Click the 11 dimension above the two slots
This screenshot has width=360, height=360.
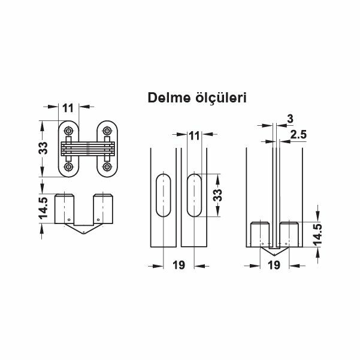coord(193,136)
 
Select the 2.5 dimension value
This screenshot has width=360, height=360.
coord(298,135)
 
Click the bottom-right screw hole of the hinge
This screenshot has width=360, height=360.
coord(108,167)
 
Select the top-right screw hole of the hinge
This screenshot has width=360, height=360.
coord(108,130)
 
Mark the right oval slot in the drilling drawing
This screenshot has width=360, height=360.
coord(194,195)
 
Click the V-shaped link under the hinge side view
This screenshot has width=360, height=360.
coord(83,227)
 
